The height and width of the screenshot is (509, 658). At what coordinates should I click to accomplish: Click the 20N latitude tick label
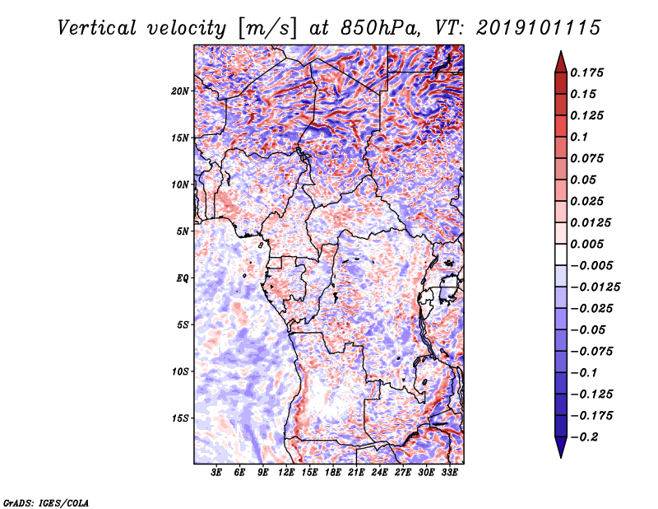[180, 91]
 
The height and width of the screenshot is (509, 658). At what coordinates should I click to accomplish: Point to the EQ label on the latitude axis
[183, 278]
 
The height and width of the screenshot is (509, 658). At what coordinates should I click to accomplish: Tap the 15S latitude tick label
[180, 418]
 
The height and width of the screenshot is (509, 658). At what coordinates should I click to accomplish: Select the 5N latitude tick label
[183, 231]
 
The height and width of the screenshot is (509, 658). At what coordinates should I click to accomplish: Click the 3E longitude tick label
[216, 473]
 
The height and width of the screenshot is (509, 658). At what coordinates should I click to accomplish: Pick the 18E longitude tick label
[333, 473]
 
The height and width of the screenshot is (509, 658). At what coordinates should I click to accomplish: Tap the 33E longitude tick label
[449, 473]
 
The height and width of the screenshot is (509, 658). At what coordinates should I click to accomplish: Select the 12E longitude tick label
[286, 473]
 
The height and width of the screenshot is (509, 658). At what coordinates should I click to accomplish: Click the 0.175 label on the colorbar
[586, 72]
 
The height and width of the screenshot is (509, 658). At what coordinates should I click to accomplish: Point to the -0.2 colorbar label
[584, 437]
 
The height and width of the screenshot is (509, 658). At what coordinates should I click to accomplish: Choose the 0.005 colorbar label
[586, 244]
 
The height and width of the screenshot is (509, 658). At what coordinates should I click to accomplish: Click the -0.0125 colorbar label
[595, 287]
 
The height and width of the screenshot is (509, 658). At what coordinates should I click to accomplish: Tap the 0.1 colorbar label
[579, 137]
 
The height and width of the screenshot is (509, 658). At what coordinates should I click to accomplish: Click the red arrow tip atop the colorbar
[561, 52]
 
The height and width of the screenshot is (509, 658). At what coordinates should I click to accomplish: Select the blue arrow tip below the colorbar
[561, 456]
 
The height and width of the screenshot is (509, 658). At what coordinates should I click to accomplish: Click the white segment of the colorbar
[561, 254]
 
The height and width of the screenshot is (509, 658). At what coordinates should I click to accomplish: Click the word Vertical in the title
[97, 28]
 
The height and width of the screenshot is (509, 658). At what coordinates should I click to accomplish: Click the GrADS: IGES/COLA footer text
[46, 502]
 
